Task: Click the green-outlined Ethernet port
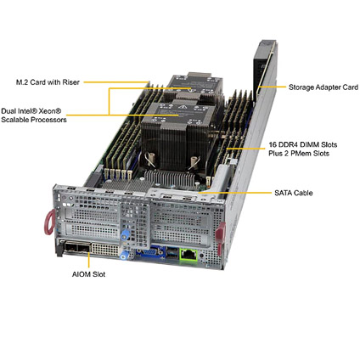188,254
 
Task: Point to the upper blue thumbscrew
125,235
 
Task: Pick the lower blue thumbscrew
124,256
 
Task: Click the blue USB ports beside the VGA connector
172,252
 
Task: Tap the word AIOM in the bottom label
81,274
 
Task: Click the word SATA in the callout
283,193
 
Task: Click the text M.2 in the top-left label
22,82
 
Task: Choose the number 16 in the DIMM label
273,145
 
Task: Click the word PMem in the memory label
300,154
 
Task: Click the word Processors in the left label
48,120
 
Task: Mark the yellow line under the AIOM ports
89,260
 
